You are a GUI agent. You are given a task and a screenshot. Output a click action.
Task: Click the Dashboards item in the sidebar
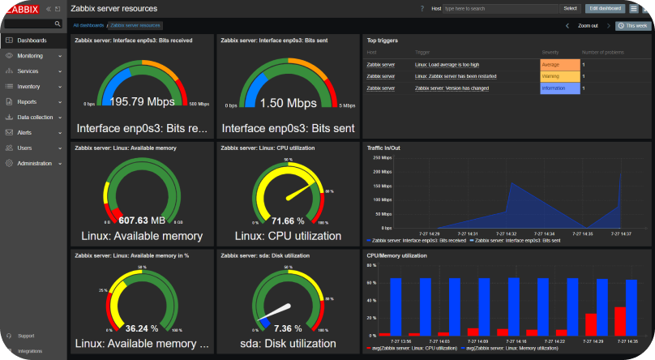[x=32, y=40]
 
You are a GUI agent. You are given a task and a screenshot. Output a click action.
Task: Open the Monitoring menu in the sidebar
[x=30, y=56]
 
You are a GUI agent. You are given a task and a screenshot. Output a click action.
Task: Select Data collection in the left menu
[x=34, y=117]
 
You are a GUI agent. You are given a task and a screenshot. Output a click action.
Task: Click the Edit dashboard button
[x=605, y=8]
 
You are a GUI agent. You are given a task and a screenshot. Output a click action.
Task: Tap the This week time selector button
[x=633, y=26]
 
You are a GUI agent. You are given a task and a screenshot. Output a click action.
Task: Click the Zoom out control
[x=588, y=26]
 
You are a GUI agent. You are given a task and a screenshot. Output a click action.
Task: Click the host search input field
[x=501, y=8]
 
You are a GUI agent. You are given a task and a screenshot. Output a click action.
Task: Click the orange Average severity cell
[x=559, y=64]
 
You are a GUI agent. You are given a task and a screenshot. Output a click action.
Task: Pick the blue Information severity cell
[x=559, y=88]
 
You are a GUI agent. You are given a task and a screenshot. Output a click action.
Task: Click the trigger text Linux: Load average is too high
[x=447, y=64]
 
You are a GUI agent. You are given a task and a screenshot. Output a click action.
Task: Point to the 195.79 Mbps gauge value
[x=142, y=103]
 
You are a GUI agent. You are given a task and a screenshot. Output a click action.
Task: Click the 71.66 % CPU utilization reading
[x=288, y=221]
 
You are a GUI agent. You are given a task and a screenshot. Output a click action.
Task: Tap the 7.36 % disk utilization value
[x=288, y=328]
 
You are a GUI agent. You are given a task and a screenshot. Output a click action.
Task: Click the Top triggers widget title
[x=382, y=39]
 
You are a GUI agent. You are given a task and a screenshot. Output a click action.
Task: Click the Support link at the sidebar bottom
[x=26, y=335]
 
